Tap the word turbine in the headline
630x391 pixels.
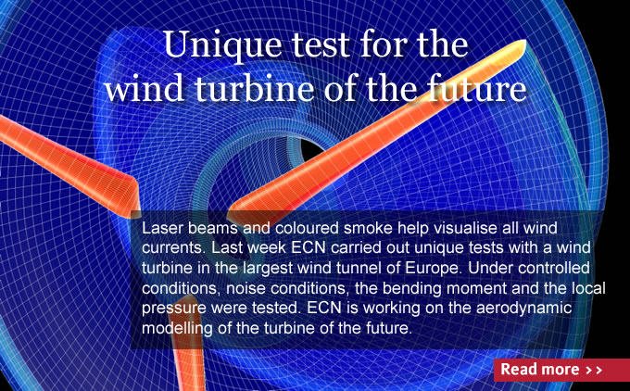point(255,88)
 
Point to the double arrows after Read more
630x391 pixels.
point(594,370)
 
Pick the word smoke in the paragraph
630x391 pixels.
point(368,228)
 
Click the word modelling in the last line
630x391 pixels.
point(177,328)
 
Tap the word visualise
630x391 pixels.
point(460,228)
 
